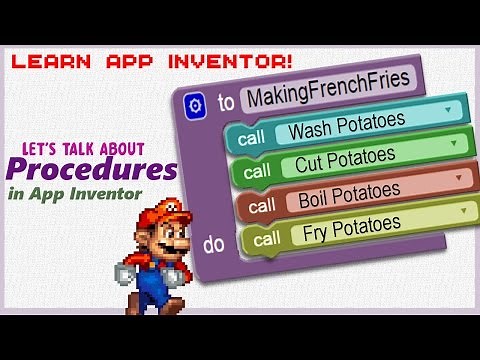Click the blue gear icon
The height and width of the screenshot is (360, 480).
coord(194,103)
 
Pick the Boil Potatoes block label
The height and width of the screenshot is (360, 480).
coord(350,191)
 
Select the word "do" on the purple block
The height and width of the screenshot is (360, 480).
coord(214,243)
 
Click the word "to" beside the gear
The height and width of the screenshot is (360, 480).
coord(226,103)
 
